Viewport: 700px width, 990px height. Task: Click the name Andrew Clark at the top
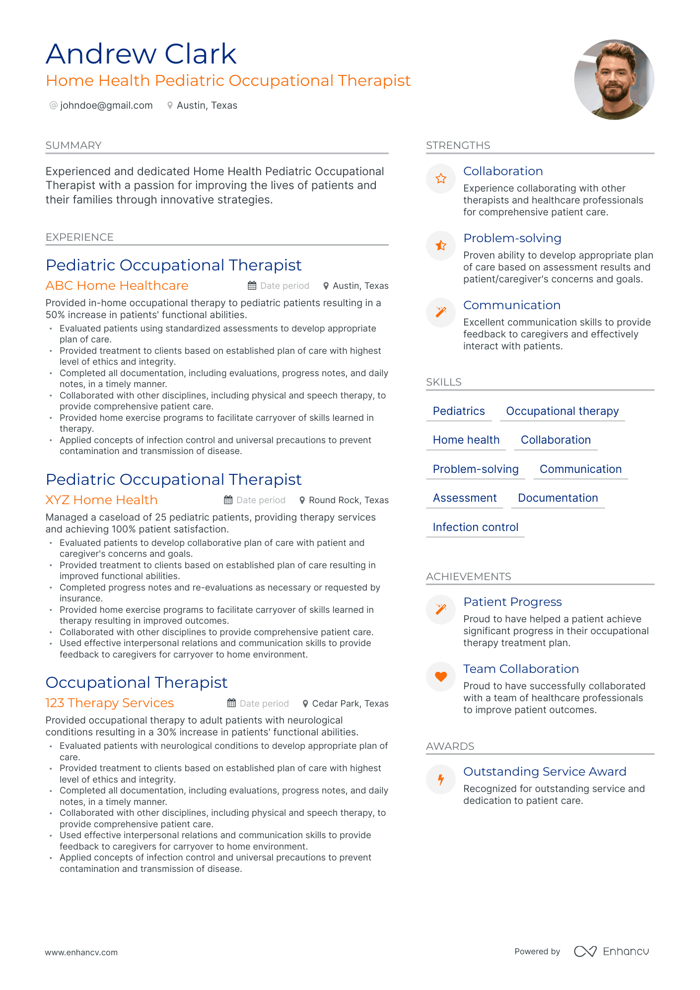[x=141, y=54]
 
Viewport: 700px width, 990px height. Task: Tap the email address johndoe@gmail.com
[x=106, y=105]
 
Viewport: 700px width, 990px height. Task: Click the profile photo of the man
[x=614, y=79]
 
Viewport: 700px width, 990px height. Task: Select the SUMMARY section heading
[x=73, y=145]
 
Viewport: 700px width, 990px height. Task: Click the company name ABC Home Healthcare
[x=117, y=286]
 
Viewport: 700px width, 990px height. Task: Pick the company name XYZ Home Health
[x=101, y=500]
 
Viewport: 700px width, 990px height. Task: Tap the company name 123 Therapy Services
[x=109, y=703]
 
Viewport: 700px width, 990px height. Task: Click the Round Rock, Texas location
[x=348, y=500]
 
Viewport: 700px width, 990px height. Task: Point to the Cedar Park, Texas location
[x=350, y=704]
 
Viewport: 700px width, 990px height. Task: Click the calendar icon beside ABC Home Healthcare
[x=252, y=286]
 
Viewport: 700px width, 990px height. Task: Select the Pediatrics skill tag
[x=459, y=411]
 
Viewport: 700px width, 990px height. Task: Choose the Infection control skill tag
[x=475, y=528]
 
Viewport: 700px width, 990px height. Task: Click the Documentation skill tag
[x=558, y=498]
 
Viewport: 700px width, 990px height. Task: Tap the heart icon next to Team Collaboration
[x=441, y=676]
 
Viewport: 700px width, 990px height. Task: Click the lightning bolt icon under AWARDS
[x=441, y=779]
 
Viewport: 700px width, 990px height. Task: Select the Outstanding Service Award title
[x=545, y=772]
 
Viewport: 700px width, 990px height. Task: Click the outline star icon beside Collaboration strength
[x=441, y=179]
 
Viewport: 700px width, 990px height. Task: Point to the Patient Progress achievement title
[x=512, y=602]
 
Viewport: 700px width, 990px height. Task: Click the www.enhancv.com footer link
[x=81, y=952]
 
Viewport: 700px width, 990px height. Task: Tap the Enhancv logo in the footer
[x=612, y=951]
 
